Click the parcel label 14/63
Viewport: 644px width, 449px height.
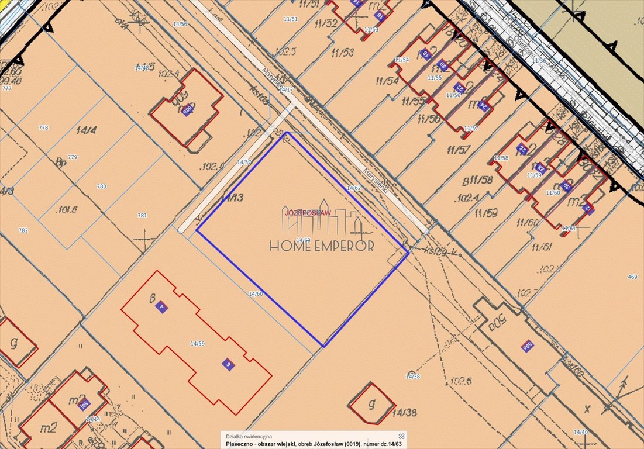303,240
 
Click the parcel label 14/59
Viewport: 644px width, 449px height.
198,343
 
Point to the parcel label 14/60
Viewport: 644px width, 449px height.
256,293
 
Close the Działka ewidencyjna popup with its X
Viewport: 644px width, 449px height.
401,436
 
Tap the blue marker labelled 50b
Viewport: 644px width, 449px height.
187,110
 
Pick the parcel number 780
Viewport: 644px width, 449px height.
101,186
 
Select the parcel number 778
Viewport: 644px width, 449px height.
43,127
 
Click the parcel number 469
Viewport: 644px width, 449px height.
632,277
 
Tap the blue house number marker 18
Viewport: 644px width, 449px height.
426,54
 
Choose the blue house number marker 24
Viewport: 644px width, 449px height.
483,105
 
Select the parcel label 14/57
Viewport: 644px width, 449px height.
244,162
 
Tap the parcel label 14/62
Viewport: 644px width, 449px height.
353,188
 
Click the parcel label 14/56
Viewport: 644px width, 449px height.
180,24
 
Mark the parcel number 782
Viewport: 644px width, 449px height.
23,230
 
